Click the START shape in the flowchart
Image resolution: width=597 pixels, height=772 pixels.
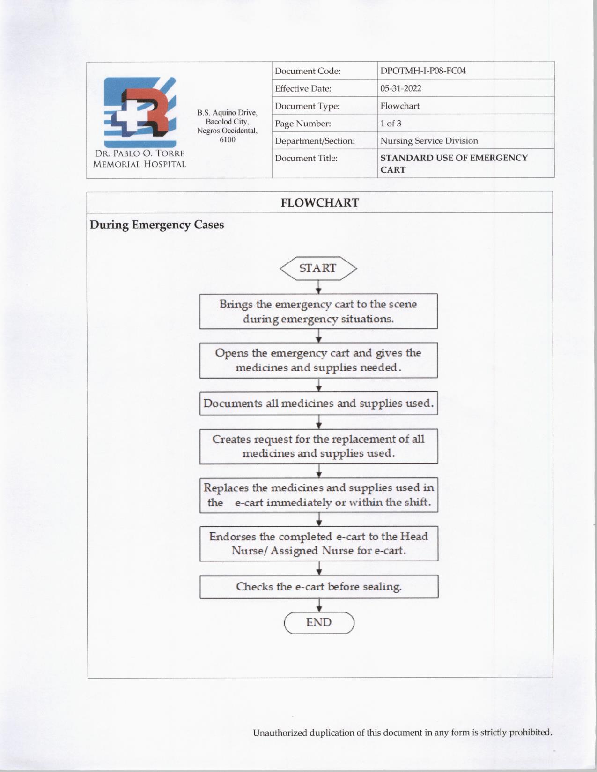tap(318, 268)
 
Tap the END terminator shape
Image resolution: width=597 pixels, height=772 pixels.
tap(319, 623)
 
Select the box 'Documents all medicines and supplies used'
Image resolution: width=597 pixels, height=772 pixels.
tap(318, 403)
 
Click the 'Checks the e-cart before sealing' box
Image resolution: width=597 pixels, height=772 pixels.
tap(319, 587)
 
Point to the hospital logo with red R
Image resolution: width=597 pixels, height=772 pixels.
tap(140, 112)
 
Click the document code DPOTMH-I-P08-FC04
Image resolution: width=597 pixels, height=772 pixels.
tap(423, 71)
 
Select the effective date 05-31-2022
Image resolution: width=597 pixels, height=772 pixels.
tap(400, 88)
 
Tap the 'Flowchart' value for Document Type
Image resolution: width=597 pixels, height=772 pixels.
tap(399, 106)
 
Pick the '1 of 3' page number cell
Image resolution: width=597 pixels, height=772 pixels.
tap(391, 124)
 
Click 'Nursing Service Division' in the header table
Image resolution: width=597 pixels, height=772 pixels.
tap(429, 141)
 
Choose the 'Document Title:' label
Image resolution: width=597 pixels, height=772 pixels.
tap(306, 158)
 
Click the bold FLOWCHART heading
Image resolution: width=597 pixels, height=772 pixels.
tap(320, 203)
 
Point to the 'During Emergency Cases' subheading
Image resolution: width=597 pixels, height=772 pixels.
tap(157, 225)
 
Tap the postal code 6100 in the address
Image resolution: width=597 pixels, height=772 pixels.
tap(227, 140)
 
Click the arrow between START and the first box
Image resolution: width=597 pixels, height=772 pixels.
tap(318, 287)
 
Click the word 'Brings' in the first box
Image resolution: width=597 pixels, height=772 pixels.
tap(236, 304)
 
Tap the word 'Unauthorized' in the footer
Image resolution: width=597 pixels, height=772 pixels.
tap(279, 733)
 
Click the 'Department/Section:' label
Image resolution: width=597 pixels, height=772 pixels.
tap(315, 141)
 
